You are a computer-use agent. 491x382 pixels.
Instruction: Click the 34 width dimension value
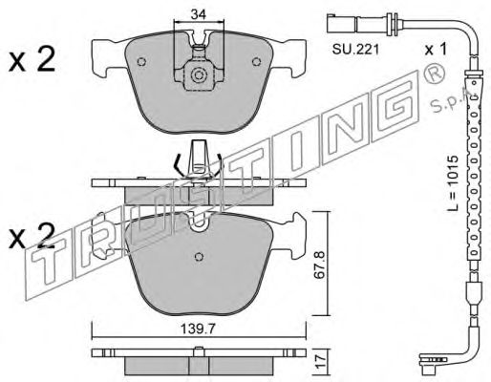pyautogui.click(x=199, y=14)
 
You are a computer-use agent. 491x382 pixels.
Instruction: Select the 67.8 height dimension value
pyautogui.click(x=320, y=265)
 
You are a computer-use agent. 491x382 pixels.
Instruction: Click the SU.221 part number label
pyautogui.click(x=355, y=50)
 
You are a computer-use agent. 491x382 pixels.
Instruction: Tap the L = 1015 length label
pyautogui.click(x=452, y=182)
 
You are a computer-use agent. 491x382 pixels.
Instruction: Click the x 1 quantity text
pyautogui.click(x=436, y=50)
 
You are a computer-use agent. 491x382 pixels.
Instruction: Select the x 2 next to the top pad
pyautogui.click(x=32, y=59)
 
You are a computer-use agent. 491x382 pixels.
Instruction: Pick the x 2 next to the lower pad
pyautogui.click(x=32, y=236)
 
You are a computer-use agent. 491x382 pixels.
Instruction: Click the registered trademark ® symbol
pyautogui.click(x=434, y=73)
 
